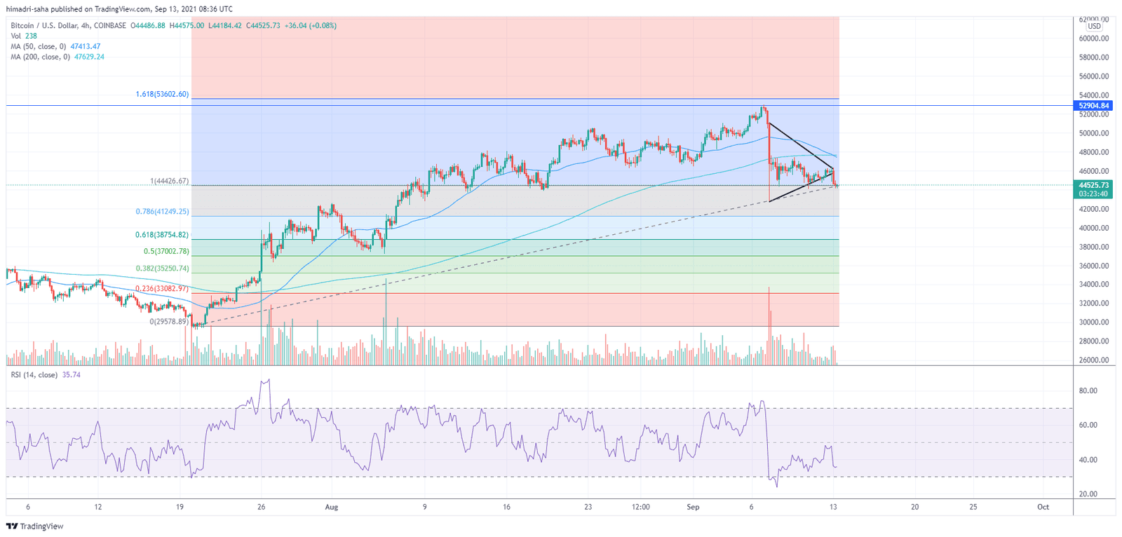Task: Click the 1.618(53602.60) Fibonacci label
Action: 162,94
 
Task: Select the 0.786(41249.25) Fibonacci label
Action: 162,211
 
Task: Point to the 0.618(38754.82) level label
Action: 162,235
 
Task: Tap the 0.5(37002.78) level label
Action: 166,251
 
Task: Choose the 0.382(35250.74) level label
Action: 162,268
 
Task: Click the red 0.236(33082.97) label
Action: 162,288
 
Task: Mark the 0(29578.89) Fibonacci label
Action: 169,322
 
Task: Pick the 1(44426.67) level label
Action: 169,181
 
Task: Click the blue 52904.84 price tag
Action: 1093,106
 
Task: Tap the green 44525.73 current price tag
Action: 1093,185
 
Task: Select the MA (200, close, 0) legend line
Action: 58,57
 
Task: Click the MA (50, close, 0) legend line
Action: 55,46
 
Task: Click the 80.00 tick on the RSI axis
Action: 1088,391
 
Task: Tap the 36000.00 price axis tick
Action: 1093,266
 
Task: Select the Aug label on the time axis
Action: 332,507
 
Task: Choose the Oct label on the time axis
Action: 1043,507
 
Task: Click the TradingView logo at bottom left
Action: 35,526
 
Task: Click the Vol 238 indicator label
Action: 24,36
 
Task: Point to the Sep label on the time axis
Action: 693,507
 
